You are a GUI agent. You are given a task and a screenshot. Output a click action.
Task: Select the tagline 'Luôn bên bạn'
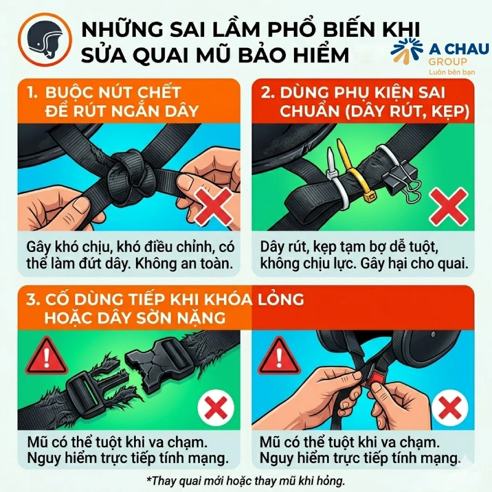click(x=445, y=73)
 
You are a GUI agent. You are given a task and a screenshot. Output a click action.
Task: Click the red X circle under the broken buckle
click(x=215, y=407)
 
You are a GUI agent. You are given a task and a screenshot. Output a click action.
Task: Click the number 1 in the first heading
click(x=32, y=93)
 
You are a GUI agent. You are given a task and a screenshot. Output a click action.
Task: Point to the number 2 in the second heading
click(x=267, y=94)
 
